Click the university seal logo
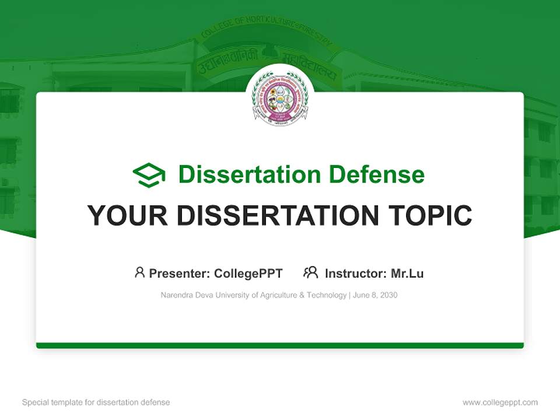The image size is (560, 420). tap(280, 97)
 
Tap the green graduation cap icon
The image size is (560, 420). tap(149, 175)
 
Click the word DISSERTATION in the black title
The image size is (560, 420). tap(275, 216)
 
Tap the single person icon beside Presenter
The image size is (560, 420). tap(139, 272)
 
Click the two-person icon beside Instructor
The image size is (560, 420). tap(310, 272)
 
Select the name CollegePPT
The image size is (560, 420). tap(249, 273)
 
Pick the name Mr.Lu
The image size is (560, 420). tap(407, 273)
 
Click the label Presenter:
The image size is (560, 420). tap(180, 273)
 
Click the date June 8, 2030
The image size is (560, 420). tap(375, 295)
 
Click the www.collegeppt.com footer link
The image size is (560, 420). tap(500, 402)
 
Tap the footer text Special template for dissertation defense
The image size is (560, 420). tap(96, 402)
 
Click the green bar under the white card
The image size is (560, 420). tap(280, 345)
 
